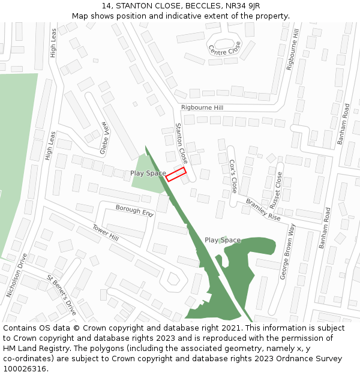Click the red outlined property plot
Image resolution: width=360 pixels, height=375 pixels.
[x=176, y=174]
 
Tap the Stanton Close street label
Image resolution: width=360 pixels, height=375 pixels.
[x=181, y=143]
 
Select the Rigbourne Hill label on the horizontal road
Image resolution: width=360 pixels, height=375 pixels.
[x=202, y=108]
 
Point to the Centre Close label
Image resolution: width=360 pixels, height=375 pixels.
[x=224, y=48]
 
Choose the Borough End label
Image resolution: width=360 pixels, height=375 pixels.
[x=135, y=211]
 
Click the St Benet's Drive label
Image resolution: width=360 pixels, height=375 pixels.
[x=62, y=295]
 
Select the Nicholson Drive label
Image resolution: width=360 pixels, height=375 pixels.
[x=17, y=275]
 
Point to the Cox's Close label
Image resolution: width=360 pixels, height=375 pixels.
[x=233, y=176]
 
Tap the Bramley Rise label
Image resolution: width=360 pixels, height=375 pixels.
[x=263, y=210]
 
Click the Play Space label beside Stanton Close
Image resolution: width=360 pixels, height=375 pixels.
[x=148, y=173]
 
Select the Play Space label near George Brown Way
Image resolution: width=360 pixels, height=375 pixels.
[x=222, y=240]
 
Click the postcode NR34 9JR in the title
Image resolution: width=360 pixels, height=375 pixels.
[x=238, y=6]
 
